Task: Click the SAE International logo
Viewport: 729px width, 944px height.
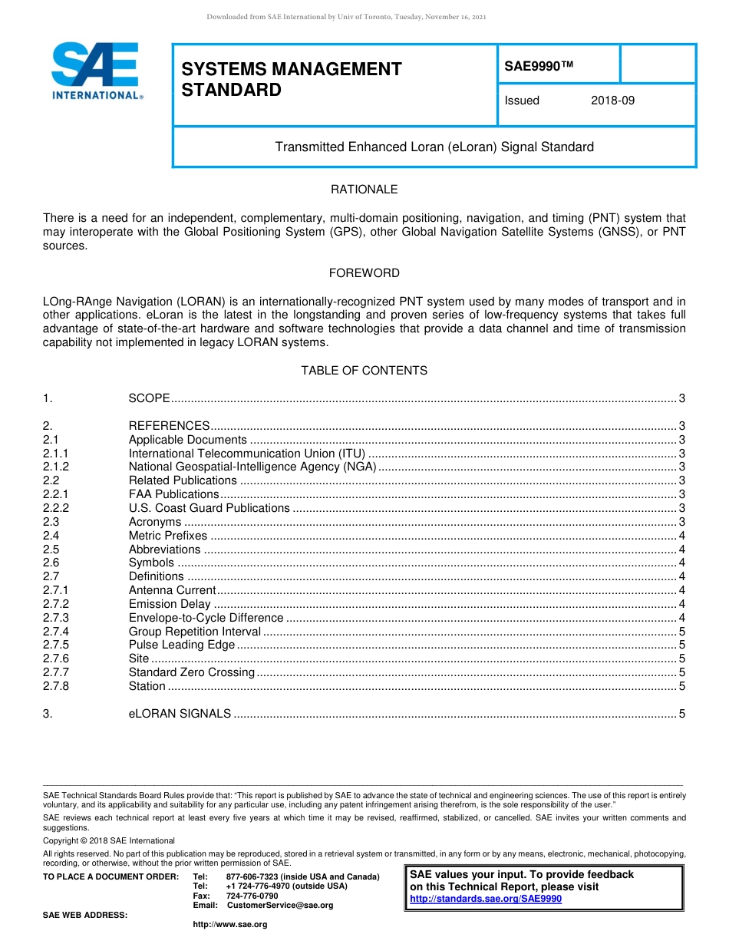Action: (x=97, y=71)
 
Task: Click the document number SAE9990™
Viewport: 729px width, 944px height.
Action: (x=539, y=67)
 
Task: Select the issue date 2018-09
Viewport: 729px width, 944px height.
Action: (x=612, y=101)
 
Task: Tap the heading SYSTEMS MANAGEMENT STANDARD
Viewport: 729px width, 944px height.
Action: (x=291, y=79)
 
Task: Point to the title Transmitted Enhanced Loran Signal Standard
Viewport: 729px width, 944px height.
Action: (x=434, y=147)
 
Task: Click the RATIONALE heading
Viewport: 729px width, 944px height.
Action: (x=364, y=190)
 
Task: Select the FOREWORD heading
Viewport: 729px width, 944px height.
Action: (x=364, y=273)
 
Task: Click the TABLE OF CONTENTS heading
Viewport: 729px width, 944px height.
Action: (x=364, y=371)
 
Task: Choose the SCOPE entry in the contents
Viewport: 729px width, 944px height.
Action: (x=149, y=398)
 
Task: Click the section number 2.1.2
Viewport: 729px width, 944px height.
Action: (x=56, y=467)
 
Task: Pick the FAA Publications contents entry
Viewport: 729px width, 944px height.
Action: (x=173, y=494)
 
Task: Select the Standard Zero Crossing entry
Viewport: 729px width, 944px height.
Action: (x=191, y=672)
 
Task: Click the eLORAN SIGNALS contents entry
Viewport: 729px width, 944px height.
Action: (x=180, y=714)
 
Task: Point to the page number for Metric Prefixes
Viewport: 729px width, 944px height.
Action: (x=681, y=536)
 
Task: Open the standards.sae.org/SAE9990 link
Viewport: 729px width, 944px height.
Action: (x=486, y=899)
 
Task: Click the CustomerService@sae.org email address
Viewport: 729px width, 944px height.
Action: (x=280, y=906)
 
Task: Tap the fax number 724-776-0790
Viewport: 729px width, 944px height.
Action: (x=252, y=896)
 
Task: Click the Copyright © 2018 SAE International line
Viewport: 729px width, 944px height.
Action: (x=109, y=840)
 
